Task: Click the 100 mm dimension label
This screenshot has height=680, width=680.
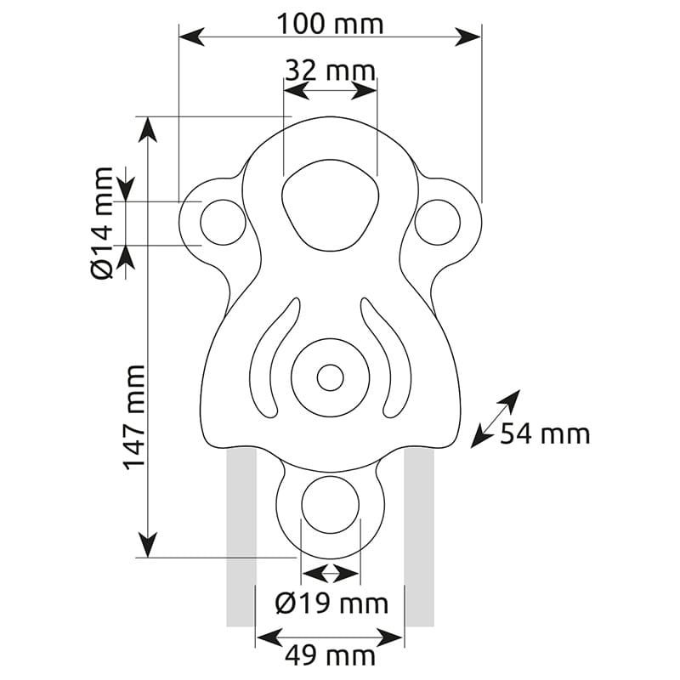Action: [330, 24]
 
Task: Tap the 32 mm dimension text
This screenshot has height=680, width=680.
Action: [330, 71]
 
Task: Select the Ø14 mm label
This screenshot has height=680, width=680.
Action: [102, 223]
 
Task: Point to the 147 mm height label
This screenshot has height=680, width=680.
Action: [135, 417]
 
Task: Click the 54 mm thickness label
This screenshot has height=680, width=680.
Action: [545, 433]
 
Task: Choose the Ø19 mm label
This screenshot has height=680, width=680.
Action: [331, 603]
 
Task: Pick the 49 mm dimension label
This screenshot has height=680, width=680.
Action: [330, 655]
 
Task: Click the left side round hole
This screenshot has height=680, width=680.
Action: [223, 222]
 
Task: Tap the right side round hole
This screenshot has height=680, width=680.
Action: [437, 222]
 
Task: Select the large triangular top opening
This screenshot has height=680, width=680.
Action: [330, 205]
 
